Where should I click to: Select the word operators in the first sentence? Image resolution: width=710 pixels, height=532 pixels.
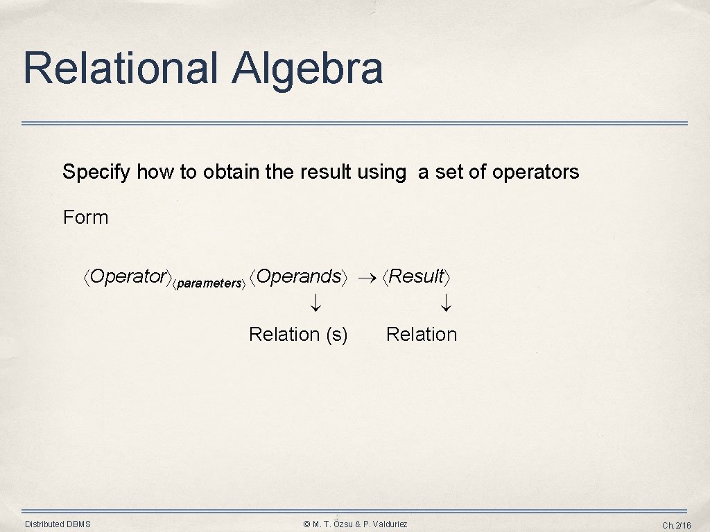pos(535,172)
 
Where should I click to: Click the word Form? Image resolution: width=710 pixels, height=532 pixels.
pos(85,218)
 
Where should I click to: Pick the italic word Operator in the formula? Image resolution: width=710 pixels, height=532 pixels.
pos(128,276)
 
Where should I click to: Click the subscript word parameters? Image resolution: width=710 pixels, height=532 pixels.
pos(210,283)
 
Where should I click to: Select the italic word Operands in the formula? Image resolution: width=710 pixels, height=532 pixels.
pos(299,276)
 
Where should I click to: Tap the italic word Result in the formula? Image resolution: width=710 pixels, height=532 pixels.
pos(417,276)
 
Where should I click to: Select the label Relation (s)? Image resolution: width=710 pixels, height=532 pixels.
pos(298,335)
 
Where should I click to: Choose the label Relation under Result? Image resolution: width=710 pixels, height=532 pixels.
pos(422,335)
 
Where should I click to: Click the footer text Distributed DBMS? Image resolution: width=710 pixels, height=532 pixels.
pos(58,524)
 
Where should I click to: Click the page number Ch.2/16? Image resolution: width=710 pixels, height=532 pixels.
pos(677,525)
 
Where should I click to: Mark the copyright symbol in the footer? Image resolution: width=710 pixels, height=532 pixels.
pos(306,524)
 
